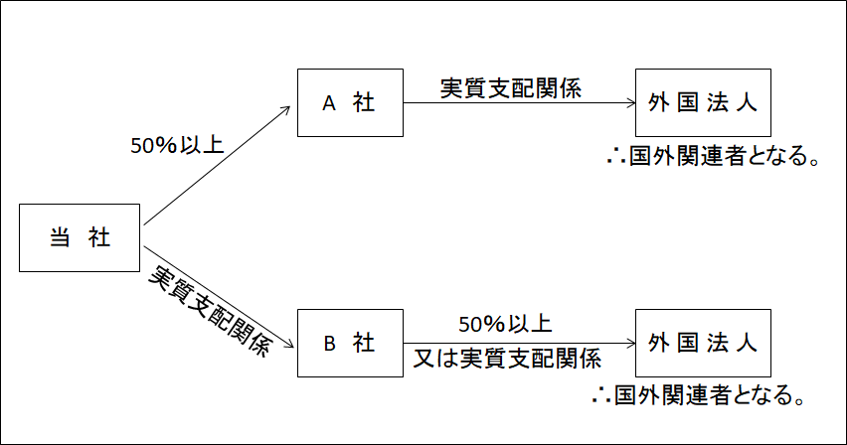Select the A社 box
click(x=349, y=102)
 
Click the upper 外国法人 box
click(x=701, y=102)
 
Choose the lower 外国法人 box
click(x=701, y=344)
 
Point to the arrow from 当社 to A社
click(x=219, y=164)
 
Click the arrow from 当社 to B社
click(x=219, y=295)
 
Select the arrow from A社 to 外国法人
click(x=517, y=103)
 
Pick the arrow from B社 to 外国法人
click(x=517, y=345)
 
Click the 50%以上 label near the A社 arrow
click(x=177, y=146)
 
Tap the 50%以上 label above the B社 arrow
click(x=505, y=325)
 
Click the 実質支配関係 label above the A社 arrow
click(x=511, y=86)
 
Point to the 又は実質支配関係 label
click(x=507, y=358)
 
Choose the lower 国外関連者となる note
click(x=695, y=394)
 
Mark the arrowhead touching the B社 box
click(x=291, y=344)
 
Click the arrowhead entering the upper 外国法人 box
click(x=629, y=103)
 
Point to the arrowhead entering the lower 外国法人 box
click(x=629, y=345)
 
